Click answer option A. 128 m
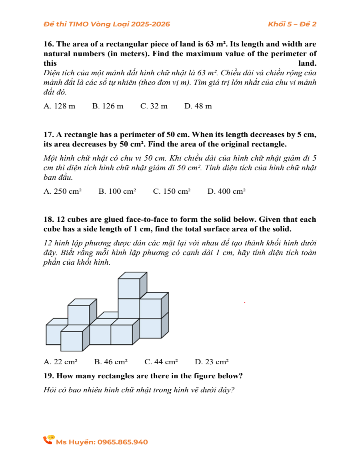click(59, 106)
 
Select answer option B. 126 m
click(108, 106)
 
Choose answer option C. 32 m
click(154, 106)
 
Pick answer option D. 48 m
click(198, 106)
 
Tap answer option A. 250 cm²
click(62, 192)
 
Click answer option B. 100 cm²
click(117, 192)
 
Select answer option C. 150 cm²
click(172, 192)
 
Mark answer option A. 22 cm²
click(60, 362)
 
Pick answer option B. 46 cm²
click(111, 362)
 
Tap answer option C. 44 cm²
click(161, 362)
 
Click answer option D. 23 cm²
click(212, 362)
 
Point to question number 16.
click(48, 44)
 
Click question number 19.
click(48, 376)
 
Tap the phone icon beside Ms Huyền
click(49, 440)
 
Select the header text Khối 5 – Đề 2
click(292, 24)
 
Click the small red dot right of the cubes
click(244, 303)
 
